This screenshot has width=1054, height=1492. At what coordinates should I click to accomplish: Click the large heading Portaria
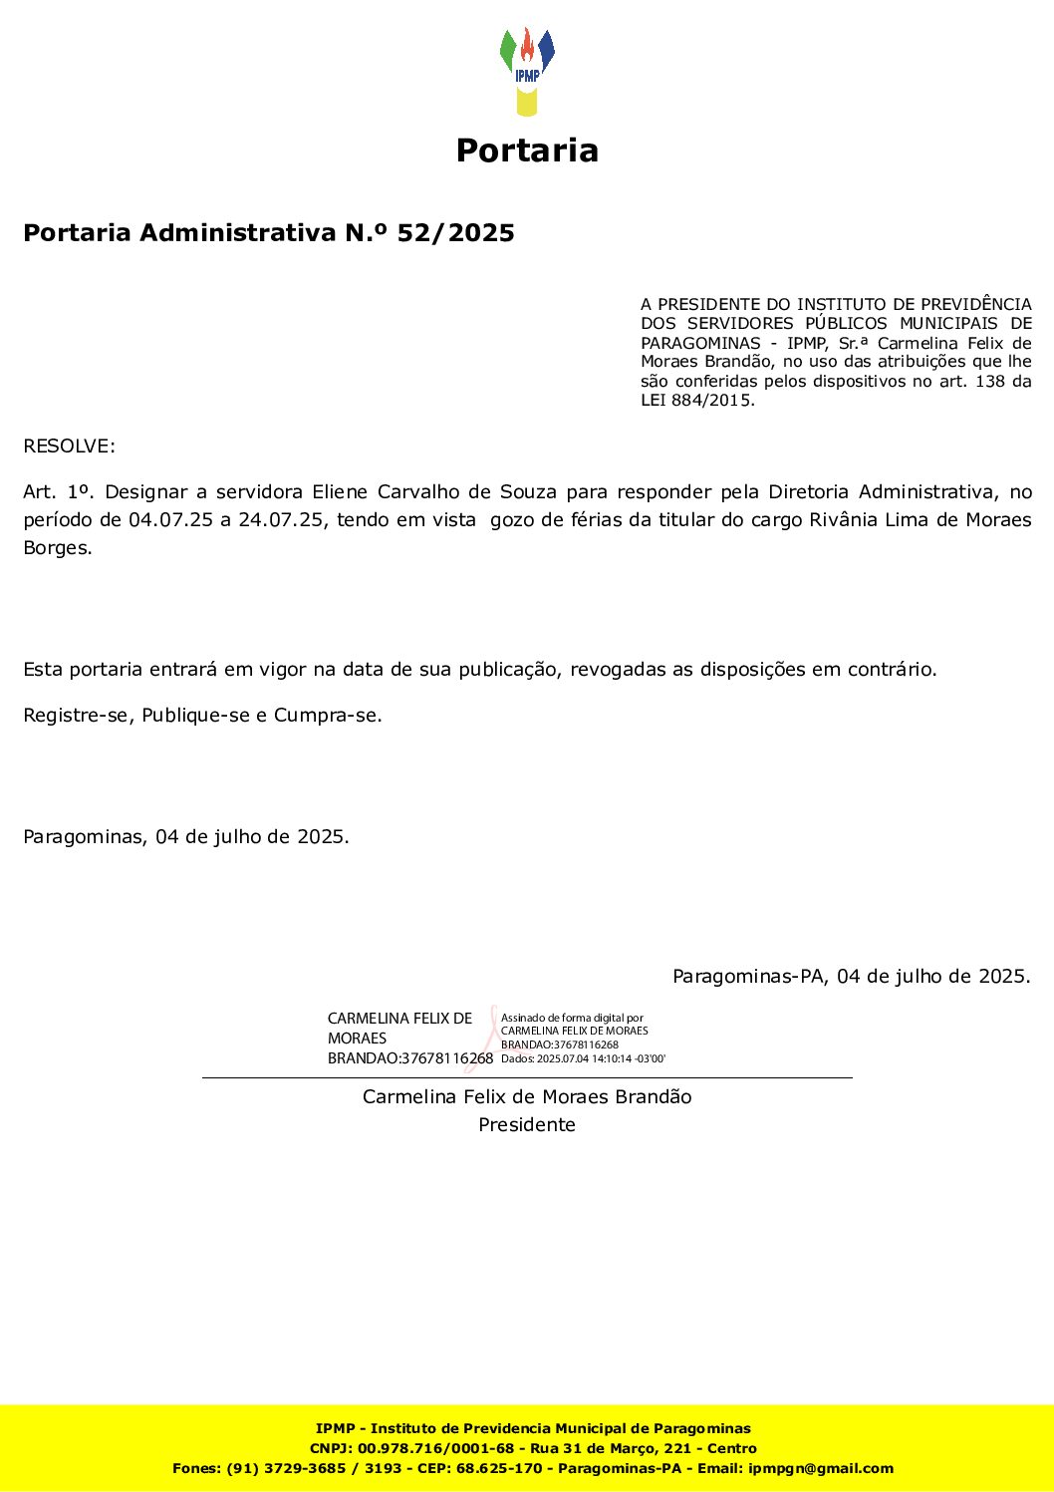pyautogui.click(x=527, y=150)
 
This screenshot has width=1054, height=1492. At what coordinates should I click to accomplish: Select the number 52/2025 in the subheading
pyautogui.click(x=456, y=233)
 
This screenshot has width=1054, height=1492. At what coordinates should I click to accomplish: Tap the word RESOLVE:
pyautogui.click(x=69, y=446)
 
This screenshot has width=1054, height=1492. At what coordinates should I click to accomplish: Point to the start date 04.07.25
pyautogui.click(x=170, y=519)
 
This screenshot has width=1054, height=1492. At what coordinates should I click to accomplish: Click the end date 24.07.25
pyautogui.click(x=282, y=519)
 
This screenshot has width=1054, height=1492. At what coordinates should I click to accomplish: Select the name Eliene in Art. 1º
pyautogui.click(x=340, y=491)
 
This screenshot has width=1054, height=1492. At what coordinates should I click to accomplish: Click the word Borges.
pyautogui.click(x=57, y=547)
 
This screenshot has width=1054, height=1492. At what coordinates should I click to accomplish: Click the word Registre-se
pyautogui.click(x=78, y=715)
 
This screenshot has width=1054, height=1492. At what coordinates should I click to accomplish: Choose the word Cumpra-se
pyautogui.click(x=327, y=715)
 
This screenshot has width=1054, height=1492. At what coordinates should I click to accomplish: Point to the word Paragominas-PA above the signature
pyautogui.click(x=749, y=976)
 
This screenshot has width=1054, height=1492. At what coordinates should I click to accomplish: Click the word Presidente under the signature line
pyautogui.click(x=527, y=1124)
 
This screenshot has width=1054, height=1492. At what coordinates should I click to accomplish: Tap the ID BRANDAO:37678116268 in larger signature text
pyautogui.click(x=410, y=1058)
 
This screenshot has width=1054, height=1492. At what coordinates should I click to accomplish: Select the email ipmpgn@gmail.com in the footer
pyautogui.click(x=821, y=1468)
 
